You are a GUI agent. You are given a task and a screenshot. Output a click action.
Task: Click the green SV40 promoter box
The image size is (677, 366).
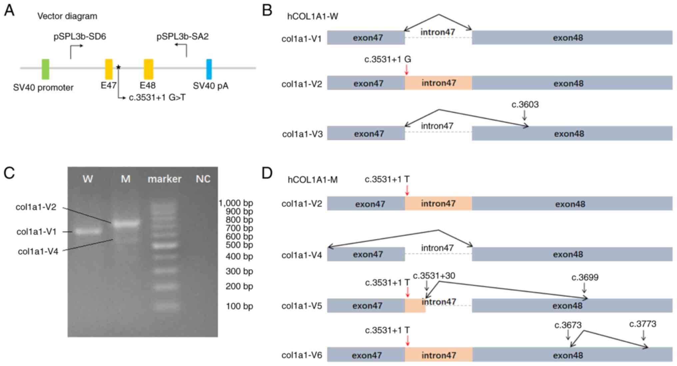click(x=45, y=69)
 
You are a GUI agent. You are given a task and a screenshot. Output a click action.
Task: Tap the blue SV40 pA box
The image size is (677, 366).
click(x=209, y=69)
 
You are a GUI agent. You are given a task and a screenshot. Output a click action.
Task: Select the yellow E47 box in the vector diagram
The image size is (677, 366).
click(x=109, y=69)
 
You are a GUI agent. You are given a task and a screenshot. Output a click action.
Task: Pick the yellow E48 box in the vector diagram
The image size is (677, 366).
click(x=148, y=69)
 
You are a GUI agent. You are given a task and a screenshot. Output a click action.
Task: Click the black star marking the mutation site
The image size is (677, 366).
click(x=118, y=67)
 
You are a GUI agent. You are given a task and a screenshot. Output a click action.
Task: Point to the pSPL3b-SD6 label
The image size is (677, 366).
click(x=80, y=37)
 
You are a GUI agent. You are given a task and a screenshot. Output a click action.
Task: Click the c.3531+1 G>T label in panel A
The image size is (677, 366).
click(x=157, y=98)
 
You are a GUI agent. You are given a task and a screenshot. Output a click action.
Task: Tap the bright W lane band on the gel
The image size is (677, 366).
click(x=88, y=231)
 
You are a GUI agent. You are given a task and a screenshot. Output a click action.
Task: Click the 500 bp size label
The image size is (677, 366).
click(x=239, y=245)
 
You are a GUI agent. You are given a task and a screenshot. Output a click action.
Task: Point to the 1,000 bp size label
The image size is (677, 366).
click(x=236, y=203)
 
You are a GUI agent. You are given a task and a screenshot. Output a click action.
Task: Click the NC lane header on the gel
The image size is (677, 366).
click(x=203, y=179)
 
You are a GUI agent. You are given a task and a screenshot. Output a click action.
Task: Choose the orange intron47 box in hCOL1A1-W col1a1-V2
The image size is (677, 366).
click(x=438, y=83)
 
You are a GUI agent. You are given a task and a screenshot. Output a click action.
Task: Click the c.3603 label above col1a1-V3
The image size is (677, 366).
click(x=525, y=104)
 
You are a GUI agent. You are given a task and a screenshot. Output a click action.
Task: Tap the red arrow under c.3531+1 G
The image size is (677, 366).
click(x=406, y=70)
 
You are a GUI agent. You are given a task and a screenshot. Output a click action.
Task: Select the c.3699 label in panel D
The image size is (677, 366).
click(x=585, y=277)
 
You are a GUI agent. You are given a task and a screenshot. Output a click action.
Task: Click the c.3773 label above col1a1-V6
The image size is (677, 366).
click(x=642, y=324)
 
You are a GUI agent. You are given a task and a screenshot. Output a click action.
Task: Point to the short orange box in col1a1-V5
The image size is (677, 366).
click(x=415, y=305)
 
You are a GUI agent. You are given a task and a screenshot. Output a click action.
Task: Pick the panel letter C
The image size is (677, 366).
click(x=9, y=173)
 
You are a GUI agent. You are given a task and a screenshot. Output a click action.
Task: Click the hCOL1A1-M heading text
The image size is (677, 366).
click(x=313, y=180)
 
